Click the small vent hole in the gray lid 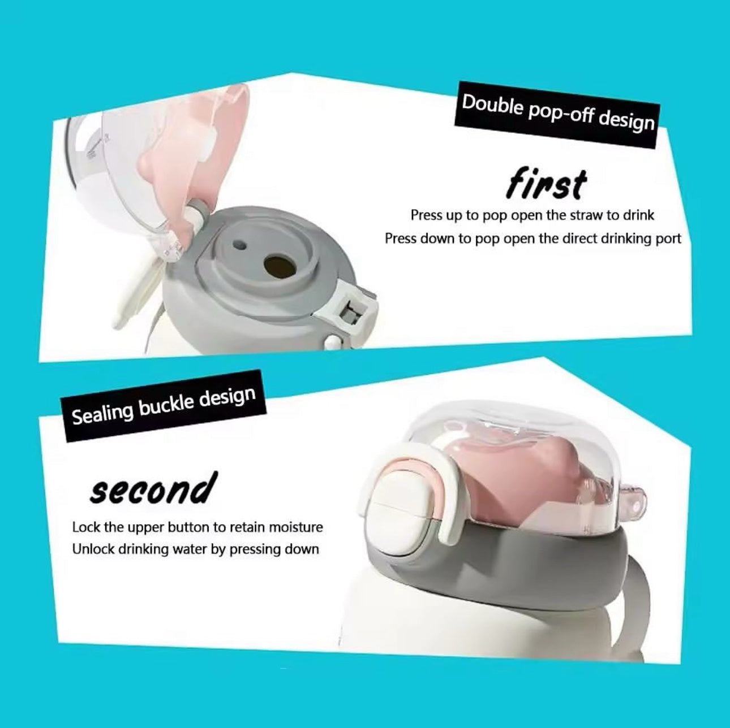tap(239, 245)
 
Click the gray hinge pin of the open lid tap(196, 215)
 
